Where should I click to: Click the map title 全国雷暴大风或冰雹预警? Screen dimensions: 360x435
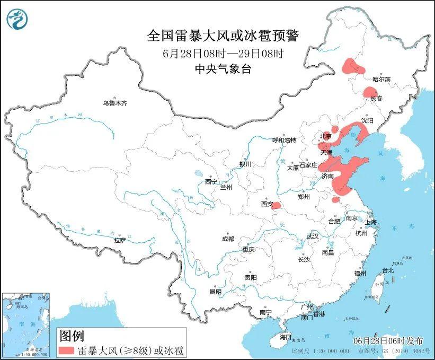tap(223, 36)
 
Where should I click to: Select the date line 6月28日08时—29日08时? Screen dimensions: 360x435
tap(223, 54)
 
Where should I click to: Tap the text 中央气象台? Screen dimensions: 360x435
tap(223, 69)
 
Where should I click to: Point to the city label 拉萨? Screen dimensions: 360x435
tap(120, 240)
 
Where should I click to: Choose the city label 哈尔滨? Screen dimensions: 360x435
tap(381, 79)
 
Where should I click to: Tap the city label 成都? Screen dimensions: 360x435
tap(228, 239)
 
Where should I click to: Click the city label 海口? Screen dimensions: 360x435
tap(286, 337)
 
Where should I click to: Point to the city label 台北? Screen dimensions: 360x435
tap(387, 270)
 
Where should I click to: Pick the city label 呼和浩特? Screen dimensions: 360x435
tap(284, 140)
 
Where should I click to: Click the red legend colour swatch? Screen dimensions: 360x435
tap(66, 350)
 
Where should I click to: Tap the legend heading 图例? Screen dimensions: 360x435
tap(71, 336)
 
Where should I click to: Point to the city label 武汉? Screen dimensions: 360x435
tap(313, 236)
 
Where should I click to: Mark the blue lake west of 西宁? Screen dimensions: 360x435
tap(199, 173)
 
